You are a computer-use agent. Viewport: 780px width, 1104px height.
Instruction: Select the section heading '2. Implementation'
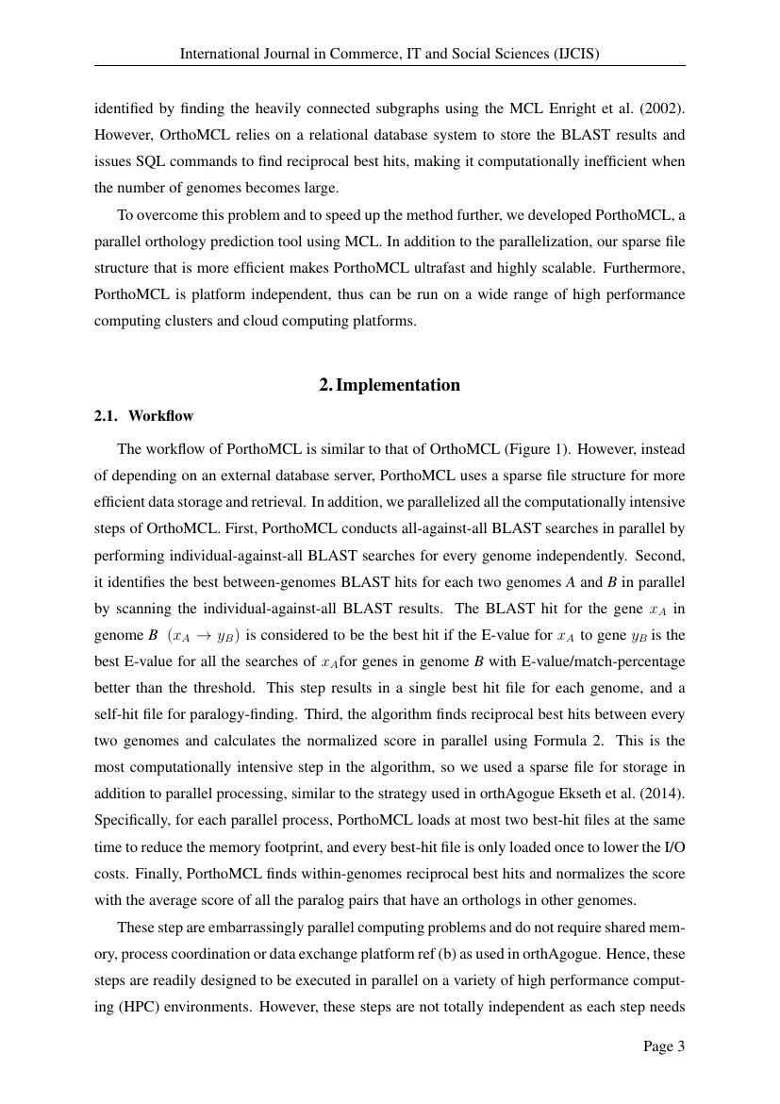click(x=390, y=385)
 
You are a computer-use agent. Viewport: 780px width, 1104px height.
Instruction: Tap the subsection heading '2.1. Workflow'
click(x=143, y=415)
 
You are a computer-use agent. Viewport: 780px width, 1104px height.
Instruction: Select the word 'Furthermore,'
click(x=644, y=268)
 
